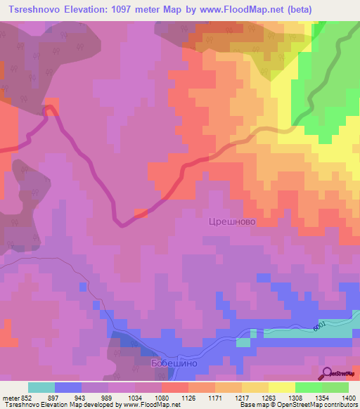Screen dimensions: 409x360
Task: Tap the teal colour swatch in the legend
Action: (x=41, y=387)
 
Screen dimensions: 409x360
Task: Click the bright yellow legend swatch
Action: (x=282, y=387)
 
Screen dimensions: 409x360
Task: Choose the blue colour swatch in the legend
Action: (x=68, y=387)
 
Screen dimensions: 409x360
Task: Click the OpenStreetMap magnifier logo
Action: (x=327, y=373)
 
